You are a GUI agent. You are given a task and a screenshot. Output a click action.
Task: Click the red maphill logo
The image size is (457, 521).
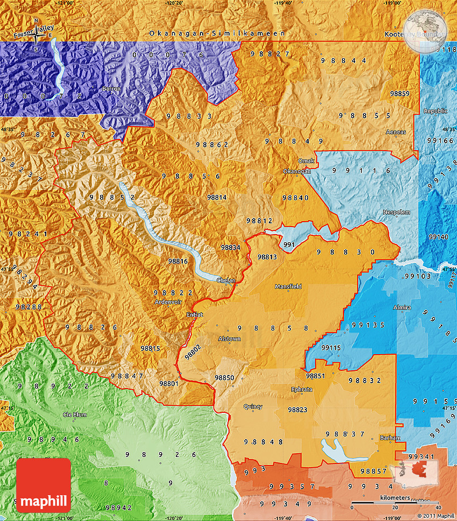[x=44, y=485]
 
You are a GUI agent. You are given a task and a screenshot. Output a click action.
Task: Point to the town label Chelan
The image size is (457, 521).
[x=226, y=280]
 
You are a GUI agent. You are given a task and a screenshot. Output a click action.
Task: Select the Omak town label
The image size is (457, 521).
[x=306, y=161]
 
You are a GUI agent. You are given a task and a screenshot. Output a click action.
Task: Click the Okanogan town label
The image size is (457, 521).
[x=297, y=171]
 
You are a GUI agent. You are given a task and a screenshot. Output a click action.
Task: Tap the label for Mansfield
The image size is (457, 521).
[x=288, y=287]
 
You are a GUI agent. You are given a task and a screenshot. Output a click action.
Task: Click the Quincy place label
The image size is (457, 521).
[x=253, y=406]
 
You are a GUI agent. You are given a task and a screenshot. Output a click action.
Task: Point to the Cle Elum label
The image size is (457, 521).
[x=75, y=414]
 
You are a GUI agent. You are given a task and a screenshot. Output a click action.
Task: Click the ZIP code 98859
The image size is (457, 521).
[x=399, y=94]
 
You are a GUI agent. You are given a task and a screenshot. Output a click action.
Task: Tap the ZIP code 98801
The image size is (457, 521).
[x=169, y=383]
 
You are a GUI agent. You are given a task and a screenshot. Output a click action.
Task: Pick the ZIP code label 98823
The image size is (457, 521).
[x=297, y=410]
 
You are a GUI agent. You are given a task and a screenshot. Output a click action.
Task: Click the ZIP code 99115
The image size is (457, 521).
[x=331, y=348]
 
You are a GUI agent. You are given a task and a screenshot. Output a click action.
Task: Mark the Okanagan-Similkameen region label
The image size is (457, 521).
[x=217, y=33]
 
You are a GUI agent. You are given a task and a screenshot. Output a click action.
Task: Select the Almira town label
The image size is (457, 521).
[x=402, y=307]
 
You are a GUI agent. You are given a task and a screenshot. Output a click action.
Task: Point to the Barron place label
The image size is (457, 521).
[x=111, y=88]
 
